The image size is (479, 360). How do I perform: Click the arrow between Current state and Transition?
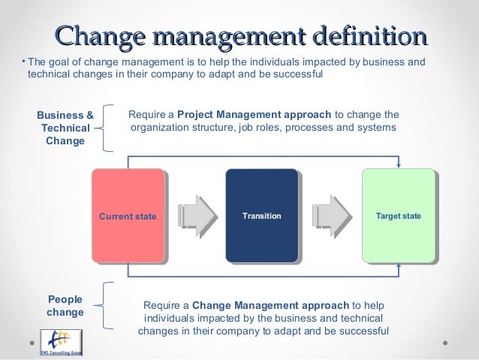pos(194,216)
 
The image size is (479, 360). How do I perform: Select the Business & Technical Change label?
pos(65,128)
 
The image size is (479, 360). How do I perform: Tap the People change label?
pos(65,305)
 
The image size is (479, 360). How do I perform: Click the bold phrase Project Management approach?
pos(254,115)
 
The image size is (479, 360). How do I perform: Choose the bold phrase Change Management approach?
pos(270,305)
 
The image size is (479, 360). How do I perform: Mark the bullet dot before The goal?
pos(23,60)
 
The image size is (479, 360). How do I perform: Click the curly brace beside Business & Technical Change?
pos(110,126)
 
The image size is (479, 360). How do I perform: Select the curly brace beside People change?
pos(110,306)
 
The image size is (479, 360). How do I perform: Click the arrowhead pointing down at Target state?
pos(398,165)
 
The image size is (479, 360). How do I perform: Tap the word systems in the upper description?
pos(378,128)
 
